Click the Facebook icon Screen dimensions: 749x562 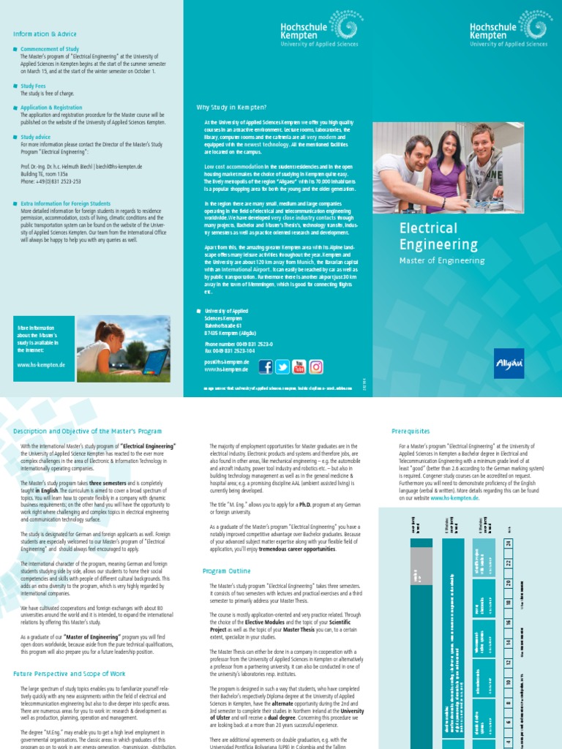point(264,366)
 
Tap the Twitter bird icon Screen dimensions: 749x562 point(282,366)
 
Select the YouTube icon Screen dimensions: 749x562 point(299,366)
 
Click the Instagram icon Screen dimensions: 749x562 point(316,366)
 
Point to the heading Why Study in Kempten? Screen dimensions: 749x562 point(231,107)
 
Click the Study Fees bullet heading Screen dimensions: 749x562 point(33,86)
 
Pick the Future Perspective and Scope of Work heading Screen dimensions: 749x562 point(70,672)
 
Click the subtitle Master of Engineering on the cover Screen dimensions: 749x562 point(441,260)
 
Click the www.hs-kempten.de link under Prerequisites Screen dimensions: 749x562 point(454,497)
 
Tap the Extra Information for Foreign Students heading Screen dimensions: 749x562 point(66,203)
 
